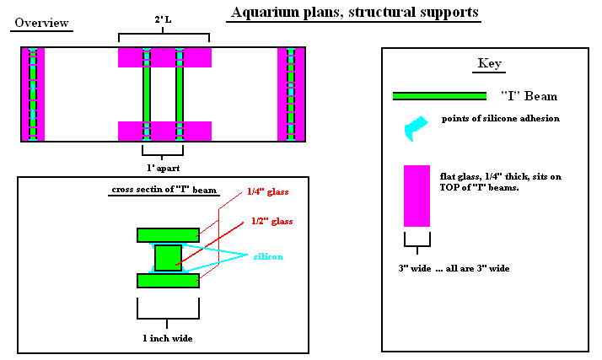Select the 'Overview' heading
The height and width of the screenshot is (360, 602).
click(41, 23)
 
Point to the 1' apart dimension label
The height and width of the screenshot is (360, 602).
click(164, 168)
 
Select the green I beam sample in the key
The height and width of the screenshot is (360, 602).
click(439, 96)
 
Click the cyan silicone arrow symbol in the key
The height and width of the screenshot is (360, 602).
click(416, 126)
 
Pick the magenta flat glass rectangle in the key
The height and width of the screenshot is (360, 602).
click(417, 196)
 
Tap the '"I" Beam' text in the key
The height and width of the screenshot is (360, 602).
click(529, 96)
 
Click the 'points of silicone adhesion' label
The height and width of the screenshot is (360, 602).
click(500, 119)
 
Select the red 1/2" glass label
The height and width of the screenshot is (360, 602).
click(271, 221)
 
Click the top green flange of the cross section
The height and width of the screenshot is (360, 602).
click(168, 234)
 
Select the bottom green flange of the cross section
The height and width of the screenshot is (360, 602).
click(168, 280)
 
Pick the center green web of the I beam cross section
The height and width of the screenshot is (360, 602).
click(168, 257)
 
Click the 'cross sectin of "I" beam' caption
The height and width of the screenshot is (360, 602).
click(164, 190)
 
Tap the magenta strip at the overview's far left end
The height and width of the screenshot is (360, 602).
click(32, 94)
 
